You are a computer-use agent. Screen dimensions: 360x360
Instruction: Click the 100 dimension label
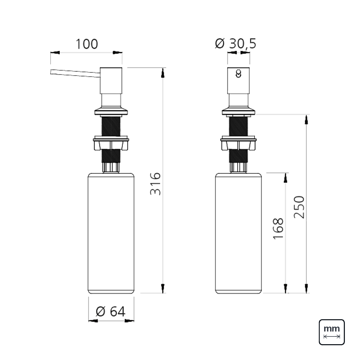(x=87, y=44)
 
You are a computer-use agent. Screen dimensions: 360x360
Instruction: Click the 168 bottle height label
(x=278, y=229)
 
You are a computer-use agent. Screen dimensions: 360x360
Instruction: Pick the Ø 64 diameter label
(x=110, y=311)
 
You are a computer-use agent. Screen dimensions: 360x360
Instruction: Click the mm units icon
(x=332, y=332)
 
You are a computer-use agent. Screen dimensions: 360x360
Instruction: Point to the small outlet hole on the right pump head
(x=239, y=73)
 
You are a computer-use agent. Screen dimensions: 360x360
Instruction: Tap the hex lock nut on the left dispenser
(x=111, y=144)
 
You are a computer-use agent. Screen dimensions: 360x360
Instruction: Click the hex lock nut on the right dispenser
(x=239, y=144)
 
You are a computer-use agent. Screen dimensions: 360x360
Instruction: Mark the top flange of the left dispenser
(x=111, y=112)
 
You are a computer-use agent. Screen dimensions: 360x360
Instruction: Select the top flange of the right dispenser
(x=239, y=112)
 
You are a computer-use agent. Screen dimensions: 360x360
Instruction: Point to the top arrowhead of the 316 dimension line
(x=163, y=73)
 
